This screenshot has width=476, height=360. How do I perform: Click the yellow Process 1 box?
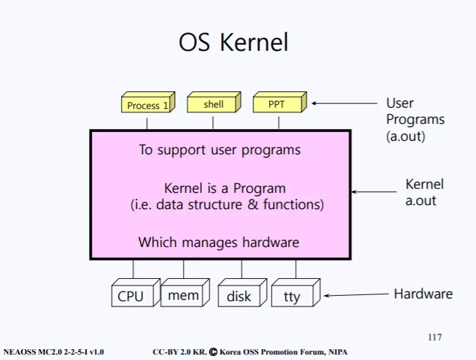click(148, 102)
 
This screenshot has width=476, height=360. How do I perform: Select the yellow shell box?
click(214, 102)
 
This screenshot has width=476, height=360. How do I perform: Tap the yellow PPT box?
click(280, 102)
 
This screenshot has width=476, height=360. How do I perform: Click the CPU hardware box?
click(136, 292)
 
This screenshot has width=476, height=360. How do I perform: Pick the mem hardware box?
click(185, 292)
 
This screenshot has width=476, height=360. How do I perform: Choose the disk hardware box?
click(242, 292)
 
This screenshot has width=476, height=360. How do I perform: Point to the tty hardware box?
click(295, 292)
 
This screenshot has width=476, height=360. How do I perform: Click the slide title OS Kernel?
click(233, 42)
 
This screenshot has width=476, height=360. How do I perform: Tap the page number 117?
click(435, 337)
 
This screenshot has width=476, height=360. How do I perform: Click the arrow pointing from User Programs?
click(344, 104)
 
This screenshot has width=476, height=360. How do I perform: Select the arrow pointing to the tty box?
click(356, 294)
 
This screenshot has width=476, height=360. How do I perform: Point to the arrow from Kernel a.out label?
click(374, 192)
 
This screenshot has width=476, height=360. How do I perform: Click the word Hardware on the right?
click(423, 294)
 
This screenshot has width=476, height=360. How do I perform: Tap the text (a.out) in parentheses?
click(406, 136)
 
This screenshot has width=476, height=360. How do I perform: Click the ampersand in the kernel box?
click(253, 204)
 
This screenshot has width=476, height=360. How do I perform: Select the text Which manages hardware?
click(219, 242)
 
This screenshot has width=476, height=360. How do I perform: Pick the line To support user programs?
click(220, 150)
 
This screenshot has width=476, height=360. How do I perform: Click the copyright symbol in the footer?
click(214, 352)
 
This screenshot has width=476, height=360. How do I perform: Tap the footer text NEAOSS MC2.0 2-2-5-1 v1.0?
click(53, 352)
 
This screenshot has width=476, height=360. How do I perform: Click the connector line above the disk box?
click(241, 269)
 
